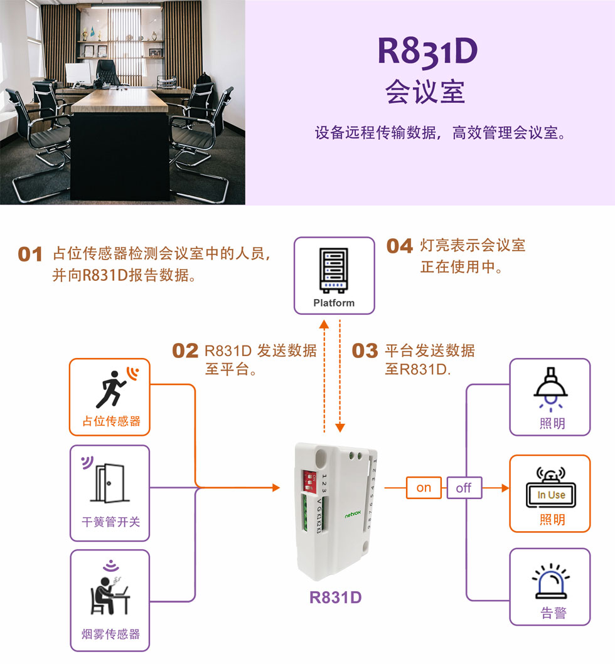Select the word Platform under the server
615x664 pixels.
pyautogui.click(x=334, y=303)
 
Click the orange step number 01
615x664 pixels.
pyautogui.click(x=30, y=255)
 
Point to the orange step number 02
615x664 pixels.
pyautogui.click(x=185, y=351)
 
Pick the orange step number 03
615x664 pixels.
pyautogui.click(x=365, y=351)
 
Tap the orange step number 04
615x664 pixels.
pyautogui.click(x=400, y=246)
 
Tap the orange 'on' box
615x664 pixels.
pyautogui.click(x=424, y=488)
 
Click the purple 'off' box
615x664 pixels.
pyautogui.click(x=464, y=488)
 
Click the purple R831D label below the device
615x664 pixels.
pyautogui.click(x=336, y=598)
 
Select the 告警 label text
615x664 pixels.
pyautogui.click(x=552, y=613)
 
